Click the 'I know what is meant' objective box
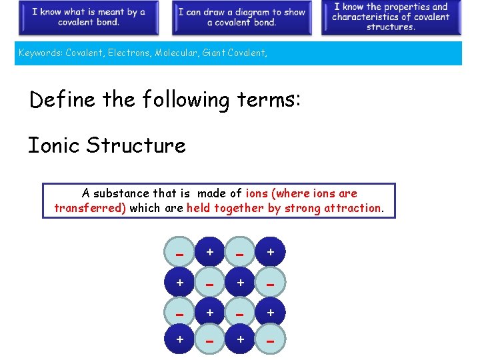(88, 17)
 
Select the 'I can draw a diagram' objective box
(241, 17)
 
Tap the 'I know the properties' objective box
(391, 17)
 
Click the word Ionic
(54, 145)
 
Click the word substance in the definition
(121, 193)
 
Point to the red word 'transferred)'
(90, 208)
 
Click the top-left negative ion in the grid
(179, 253)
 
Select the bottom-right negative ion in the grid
(271, 341)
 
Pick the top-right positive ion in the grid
(271, 253)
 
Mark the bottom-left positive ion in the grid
(179, 341)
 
